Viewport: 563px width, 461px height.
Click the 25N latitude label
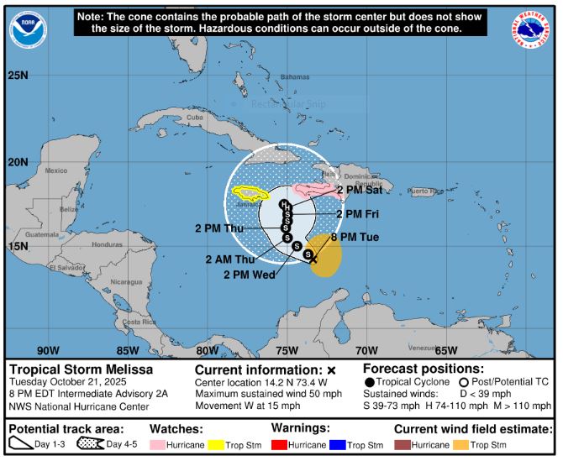18,76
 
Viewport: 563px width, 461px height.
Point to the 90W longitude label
48,350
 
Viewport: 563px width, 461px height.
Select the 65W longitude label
446,350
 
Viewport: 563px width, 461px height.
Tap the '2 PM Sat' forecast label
357,191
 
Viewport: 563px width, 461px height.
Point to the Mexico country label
55,170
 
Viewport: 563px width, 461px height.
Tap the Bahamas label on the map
295,77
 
